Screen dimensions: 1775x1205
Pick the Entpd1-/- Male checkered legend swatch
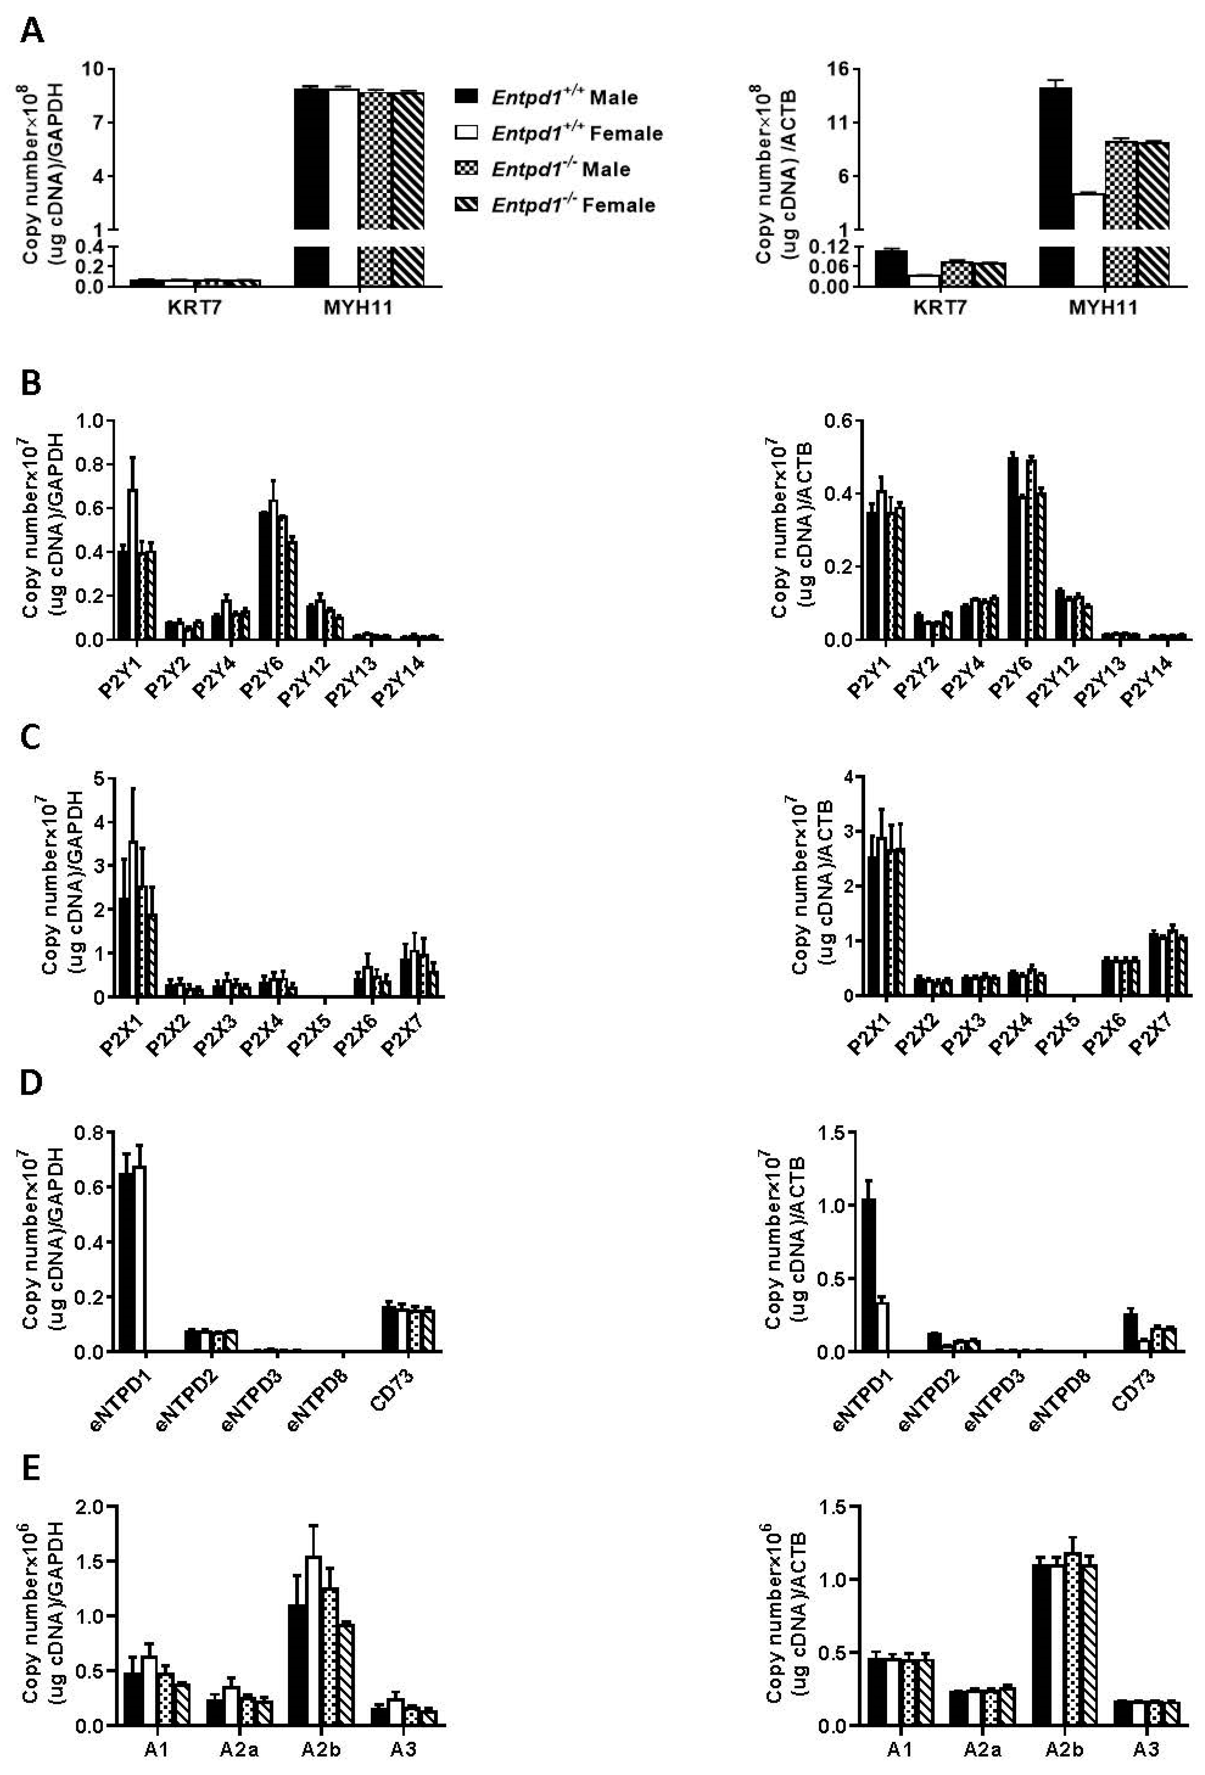pyautogui.click(x=466, y=168)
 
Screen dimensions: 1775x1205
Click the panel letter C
pyautogui.click(x=31, y=738)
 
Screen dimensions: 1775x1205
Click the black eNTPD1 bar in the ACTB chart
pyautogui.click(x=869, y=1272)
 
